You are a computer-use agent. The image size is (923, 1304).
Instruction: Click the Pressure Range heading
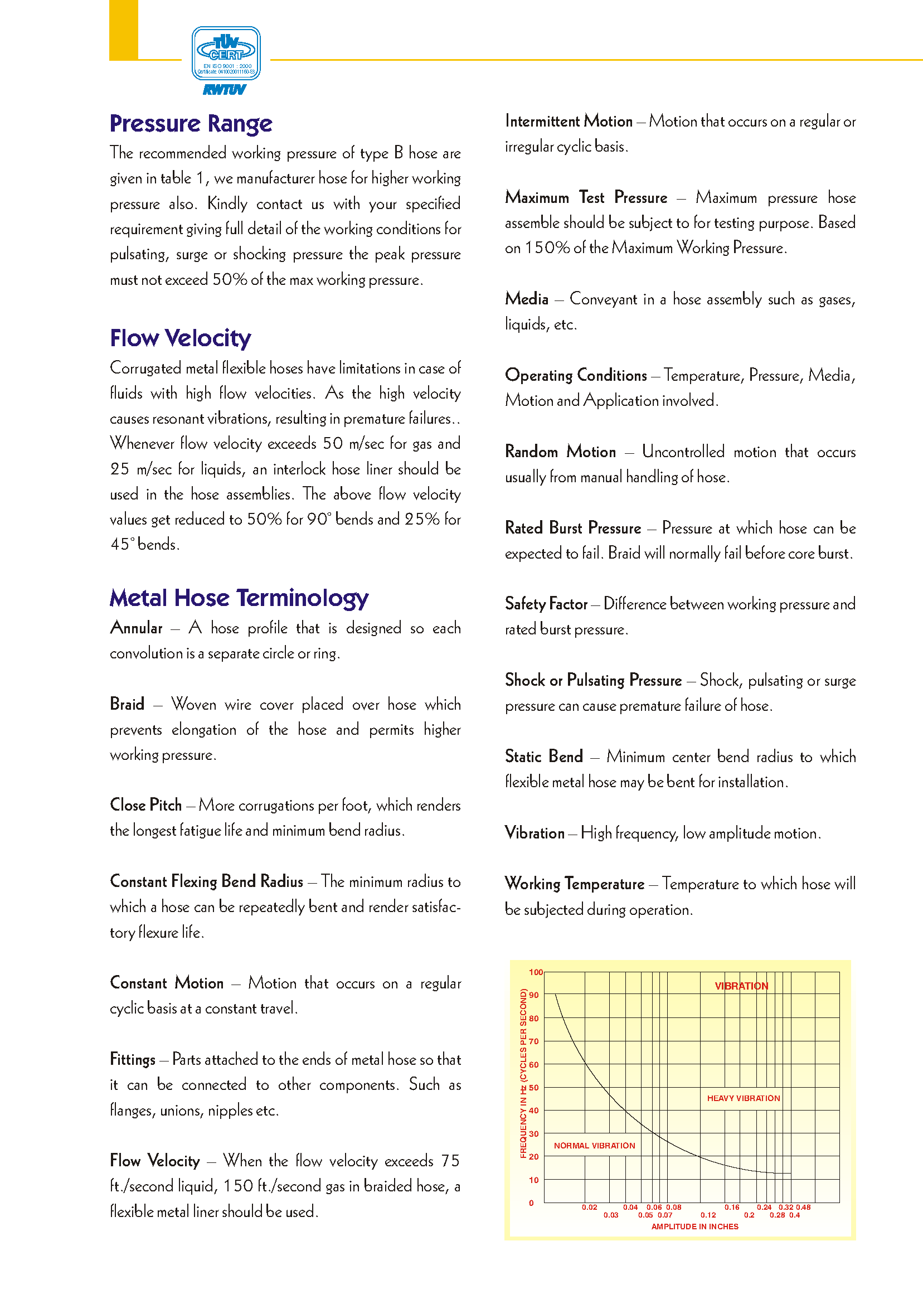[x=191, y=124]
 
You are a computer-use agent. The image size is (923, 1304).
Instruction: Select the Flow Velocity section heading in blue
[x=180, y=338]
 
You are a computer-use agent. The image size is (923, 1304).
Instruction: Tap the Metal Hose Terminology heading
[x=239, y=598]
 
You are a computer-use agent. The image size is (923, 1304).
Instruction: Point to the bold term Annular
[x=137, y=628]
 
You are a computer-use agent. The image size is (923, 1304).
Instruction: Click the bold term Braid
[x=127, y=704]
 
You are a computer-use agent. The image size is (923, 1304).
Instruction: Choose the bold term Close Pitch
[x=145, y=805]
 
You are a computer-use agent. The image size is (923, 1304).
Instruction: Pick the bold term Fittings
[x=133, y=1060]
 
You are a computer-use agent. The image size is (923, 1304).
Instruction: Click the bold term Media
[x=527, y=299]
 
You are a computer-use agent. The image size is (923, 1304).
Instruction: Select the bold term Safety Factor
[x=546, y=604]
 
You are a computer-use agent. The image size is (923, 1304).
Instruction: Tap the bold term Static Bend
[x=544, y=757]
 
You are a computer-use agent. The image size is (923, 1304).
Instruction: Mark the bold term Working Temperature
[x=575, y=884]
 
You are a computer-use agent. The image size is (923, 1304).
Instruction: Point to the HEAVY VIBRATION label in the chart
[x=744, y=1098]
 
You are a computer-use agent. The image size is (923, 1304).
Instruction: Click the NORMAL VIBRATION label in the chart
[x=595, y=1146]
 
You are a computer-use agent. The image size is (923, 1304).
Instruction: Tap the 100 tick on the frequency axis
[x=536, y=972]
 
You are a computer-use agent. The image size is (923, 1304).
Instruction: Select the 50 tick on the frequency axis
[x=534, y=1088]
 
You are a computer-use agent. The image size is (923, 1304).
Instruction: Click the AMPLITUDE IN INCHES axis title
[x=694, y=1227]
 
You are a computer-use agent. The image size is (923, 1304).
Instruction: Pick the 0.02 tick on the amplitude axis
[x=589, y=1207]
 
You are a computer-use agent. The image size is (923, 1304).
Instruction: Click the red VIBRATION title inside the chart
[x=741, y=986]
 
